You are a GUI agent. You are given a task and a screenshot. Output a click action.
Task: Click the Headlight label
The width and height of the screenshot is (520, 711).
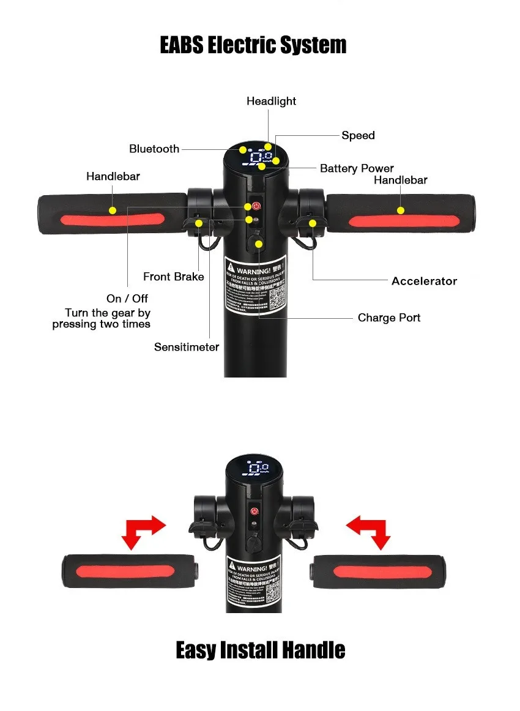pos(271,101)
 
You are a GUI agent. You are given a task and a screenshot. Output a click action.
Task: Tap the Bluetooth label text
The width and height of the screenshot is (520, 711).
pos(154,149)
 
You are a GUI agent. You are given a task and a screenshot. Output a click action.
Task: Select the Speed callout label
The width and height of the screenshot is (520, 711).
pos(358,135)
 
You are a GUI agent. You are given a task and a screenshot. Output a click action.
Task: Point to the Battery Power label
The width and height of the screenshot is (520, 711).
pos(357,168)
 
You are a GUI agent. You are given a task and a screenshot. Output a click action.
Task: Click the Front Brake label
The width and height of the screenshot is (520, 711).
pos(173,277)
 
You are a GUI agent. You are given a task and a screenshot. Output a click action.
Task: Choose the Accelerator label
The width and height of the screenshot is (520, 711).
pos(424,281)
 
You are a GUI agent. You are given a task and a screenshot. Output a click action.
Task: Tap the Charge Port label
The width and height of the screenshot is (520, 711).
pos(389,318)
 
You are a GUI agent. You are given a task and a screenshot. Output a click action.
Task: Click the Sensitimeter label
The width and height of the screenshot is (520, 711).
pos(187,347)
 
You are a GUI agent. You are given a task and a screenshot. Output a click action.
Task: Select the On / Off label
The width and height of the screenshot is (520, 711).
pos(127,299)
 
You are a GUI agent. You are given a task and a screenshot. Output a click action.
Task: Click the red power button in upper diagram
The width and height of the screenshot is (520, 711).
pos(256,206)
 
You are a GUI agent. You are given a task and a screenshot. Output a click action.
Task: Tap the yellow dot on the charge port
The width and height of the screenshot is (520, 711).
pos(259,244)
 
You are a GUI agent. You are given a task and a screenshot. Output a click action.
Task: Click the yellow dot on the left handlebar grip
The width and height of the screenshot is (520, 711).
pos(112,210)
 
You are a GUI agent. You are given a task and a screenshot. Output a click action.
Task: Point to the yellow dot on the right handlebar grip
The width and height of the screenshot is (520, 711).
pos(401,210)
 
